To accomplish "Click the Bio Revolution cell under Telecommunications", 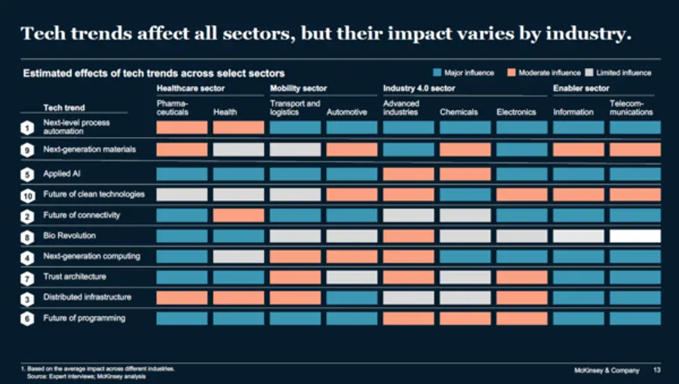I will (634, 236).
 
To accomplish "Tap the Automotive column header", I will (347, 112).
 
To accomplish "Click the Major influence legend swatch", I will (437, 73).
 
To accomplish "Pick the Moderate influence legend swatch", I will (511, 73).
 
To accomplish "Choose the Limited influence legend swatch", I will (589, 73).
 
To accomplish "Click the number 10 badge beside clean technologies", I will (26, 195).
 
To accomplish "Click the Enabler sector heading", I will (581, 88).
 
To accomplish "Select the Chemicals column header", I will (459, 112).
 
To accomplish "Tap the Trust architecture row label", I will (75, 277).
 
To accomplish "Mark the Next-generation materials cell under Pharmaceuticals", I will (182, 150).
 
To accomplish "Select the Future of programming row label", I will (84, 318).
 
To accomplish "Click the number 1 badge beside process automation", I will (26, 128).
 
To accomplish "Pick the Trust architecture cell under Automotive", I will (352, 277).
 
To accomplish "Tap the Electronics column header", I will (516, 112).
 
